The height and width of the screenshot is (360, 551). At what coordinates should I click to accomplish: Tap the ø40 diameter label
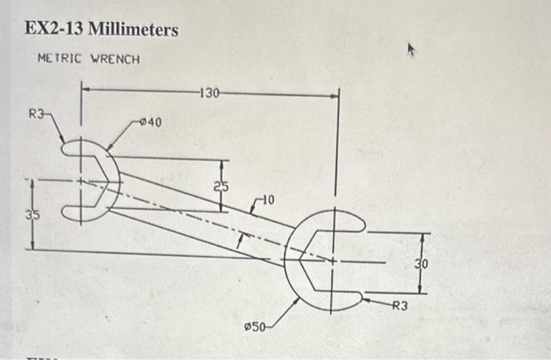pos(150,122)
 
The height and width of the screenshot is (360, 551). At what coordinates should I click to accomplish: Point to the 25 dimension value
pos(221,186)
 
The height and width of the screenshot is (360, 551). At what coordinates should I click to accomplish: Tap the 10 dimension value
pos(268,202)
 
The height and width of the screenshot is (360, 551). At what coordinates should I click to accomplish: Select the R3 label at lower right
pos(400,306)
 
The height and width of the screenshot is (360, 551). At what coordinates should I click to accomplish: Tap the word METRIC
pos(60,59)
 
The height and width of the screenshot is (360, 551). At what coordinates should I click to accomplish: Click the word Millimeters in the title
pos(133,30)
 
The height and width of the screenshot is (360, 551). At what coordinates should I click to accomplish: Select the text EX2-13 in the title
pos(53,30)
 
